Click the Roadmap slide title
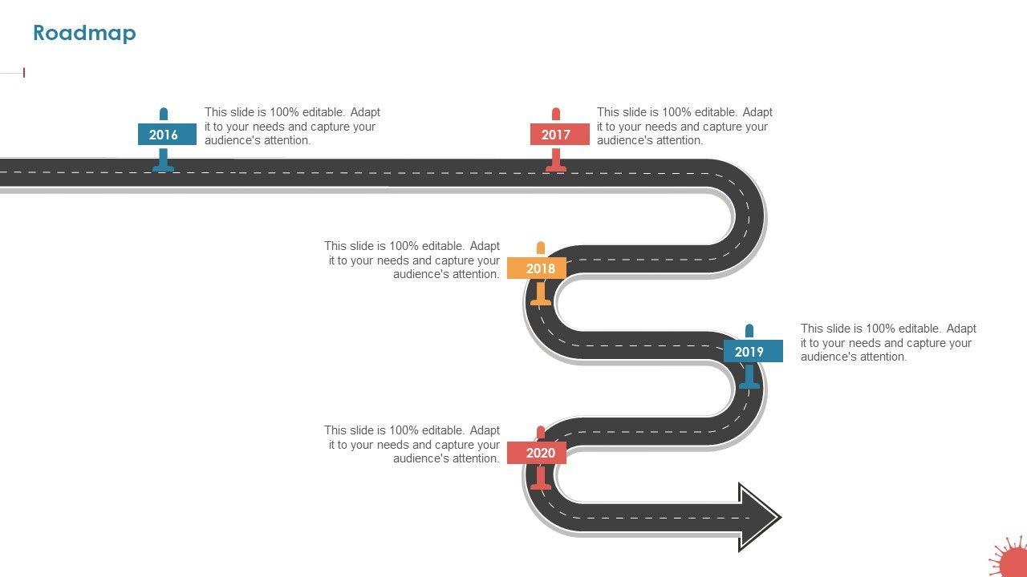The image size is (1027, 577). (84, 33)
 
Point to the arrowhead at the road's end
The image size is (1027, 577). (759, 518)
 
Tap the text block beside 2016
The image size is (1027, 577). (292, 127)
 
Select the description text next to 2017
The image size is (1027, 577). (684, 127)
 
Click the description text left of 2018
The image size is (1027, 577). (412, 260)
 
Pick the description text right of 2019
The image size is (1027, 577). (888, 343)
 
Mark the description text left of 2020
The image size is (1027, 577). (412, 445)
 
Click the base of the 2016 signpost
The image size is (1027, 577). (164, 167)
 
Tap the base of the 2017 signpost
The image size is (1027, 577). (556, 167)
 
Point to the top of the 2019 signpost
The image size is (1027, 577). (749, 329)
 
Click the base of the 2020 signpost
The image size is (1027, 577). (541, 486)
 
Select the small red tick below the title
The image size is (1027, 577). (24, 73)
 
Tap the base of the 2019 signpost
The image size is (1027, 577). (749, 385)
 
